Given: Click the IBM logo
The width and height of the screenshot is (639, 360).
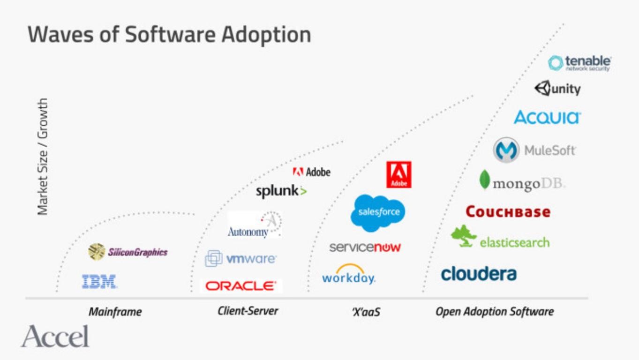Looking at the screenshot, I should [x=99, y=281].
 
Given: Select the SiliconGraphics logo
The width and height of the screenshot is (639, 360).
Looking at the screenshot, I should [x=128, y=252].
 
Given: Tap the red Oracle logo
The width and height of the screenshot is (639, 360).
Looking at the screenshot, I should [x=241, y=285].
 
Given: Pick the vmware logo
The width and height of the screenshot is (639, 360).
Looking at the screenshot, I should [x=241, y=258].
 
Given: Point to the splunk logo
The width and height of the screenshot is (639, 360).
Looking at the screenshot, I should [x=281, y=191].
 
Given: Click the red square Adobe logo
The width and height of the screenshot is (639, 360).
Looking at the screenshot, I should [x=398, y=175].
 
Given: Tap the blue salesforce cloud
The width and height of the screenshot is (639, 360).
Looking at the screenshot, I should [x=378, y=212].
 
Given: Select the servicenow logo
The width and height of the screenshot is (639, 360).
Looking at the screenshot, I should [x=365, y=247].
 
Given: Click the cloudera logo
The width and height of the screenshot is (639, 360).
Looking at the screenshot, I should [x=479, y=274].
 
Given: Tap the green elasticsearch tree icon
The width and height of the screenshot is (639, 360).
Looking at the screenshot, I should [x=464, y=236].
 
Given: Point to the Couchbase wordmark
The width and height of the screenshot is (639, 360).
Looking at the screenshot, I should [x=508, y=212].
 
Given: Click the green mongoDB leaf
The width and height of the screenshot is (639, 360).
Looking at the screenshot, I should [x=484, y=180].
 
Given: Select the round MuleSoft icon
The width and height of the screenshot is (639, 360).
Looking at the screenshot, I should [x=506, y=150].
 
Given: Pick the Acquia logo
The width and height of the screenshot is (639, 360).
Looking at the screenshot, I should [x=547, y=117].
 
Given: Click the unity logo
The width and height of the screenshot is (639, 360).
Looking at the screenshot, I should [x=557, y=89].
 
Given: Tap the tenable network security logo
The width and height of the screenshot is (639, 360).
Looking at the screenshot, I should [x=579, y=63].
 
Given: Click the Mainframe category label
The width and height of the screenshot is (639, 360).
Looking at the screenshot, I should [x=115, y=312].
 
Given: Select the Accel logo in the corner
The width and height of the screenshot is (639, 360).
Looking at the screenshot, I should [x=55, y=337].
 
